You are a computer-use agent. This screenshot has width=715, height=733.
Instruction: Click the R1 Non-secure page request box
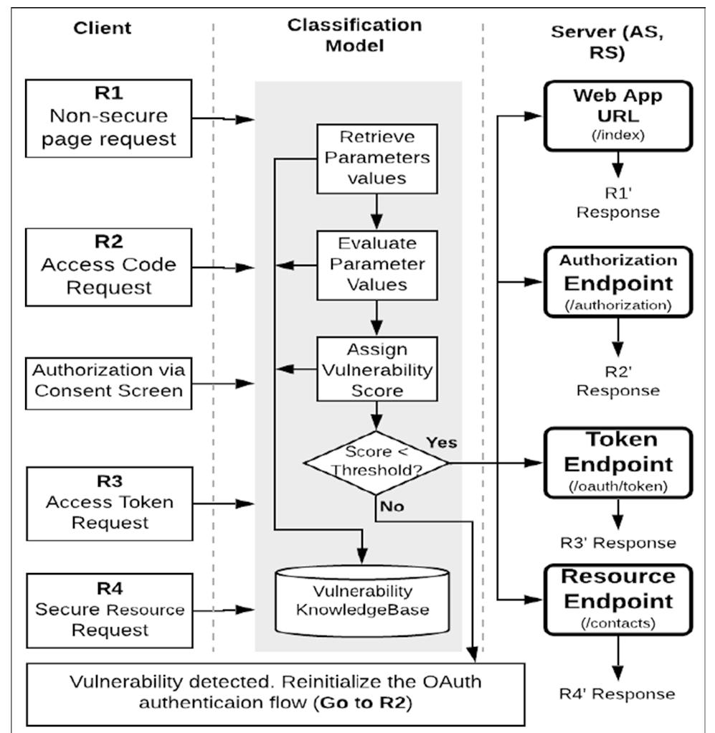point(109,118)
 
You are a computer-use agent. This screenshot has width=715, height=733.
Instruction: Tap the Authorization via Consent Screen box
point(109,382)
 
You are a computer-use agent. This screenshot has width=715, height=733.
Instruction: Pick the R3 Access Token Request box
point(109,503)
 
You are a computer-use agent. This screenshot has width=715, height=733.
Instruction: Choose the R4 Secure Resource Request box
point(109,610)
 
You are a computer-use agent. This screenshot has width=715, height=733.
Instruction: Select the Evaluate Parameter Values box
point(377,265)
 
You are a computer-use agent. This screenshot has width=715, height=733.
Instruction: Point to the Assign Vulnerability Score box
point(377,371)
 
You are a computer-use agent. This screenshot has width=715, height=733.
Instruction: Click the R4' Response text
point(617,694)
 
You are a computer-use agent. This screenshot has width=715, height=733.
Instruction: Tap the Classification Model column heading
point(354,35)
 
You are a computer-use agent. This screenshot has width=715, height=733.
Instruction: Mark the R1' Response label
point(617,203)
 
